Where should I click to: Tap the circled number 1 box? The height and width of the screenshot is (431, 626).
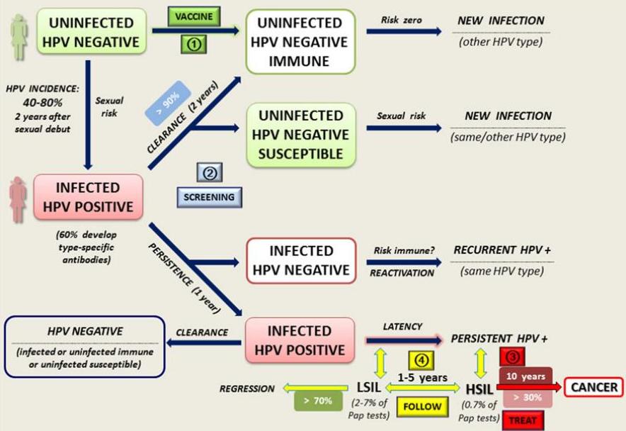click(x=195, y=44)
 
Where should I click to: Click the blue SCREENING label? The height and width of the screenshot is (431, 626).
click(x=210, y=197)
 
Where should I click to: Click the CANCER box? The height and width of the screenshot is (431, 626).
click(x=593, y=387)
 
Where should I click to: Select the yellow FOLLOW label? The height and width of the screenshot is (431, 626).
click(x=422, y=407)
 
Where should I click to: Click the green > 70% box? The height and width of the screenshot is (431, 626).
click(x=313, y=401)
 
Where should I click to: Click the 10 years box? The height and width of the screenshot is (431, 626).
click(x=525, y=376)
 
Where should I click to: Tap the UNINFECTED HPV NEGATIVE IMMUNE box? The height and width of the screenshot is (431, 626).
click(x=300, y=41)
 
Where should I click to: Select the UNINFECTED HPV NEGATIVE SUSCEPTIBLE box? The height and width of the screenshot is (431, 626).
click(x=300, y=134)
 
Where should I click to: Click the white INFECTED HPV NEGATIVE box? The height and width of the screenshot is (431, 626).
click(x=300, y=260)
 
